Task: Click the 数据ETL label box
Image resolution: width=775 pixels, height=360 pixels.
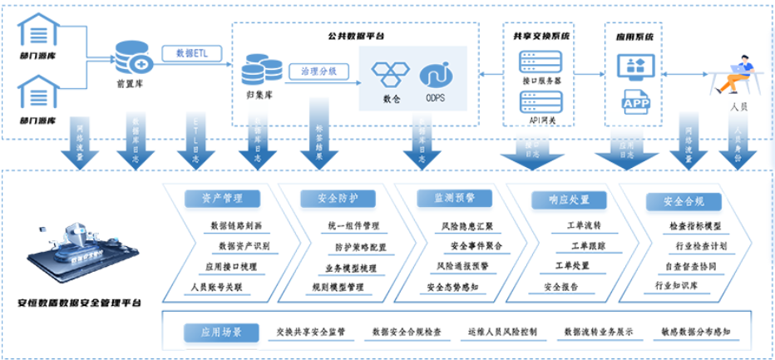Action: click(x=192, y=53)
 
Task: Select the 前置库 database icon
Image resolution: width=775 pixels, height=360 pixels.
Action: click(x=133, y=59)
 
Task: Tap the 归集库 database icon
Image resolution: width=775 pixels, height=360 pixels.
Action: click(x=259, y=72)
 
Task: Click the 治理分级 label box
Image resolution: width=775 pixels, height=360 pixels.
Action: click(x=318, y=72)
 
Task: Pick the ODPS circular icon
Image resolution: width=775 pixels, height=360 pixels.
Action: click(x=435, y=76)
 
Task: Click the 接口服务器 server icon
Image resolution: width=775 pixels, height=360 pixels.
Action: click(x=540, y=62)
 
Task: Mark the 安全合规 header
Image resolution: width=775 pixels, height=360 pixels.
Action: click(x=684, y=200)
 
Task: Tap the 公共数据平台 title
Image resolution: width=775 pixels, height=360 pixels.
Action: click(x=356, y=37)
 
